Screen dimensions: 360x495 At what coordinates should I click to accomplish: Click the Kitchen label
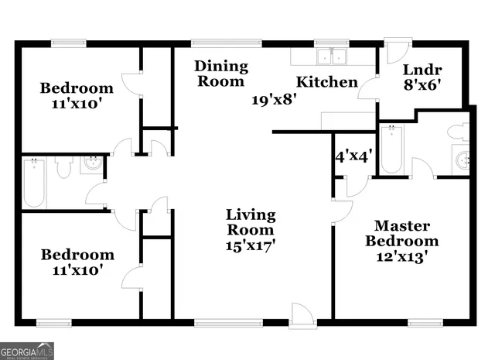click(x=327, y=82)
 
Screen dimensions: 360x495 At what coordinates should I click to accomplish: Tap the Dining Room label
click(x=221, y=73)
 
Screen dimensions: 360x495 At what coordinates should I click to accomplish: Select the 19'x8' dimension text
click(x=275, y=99)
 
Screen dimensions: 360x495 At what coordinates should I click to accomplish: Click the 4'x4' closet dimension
click(x=354, y=155)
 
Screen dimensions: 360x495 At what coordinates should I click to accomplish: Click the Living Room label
click(x=250, y=222)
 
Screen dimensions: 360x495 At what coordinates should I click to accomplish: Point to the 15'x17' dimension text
click(x=250, y=245)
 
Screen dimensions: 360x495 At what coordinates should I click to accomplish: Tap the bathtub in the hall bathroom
click(x=33, y=182)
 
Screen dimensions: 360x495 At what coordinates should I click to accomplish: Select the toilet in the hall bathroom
click(x=63, y=167)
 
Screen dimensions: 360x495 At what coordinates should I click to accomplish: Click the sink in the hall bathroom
click(x=92, y=164)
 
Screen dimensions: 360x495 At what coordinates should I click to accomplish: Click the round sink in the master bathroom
click(x=463, y=160)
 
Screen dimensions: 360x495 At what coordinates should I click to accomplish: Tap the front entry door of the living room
click(x=301, y=314)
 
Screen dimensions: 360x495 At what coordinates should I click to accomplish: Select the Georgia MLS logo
click(x=27, y=351)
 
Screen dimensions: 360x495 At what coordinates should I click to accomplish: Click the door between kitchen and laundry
click(x=368, y=87)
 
